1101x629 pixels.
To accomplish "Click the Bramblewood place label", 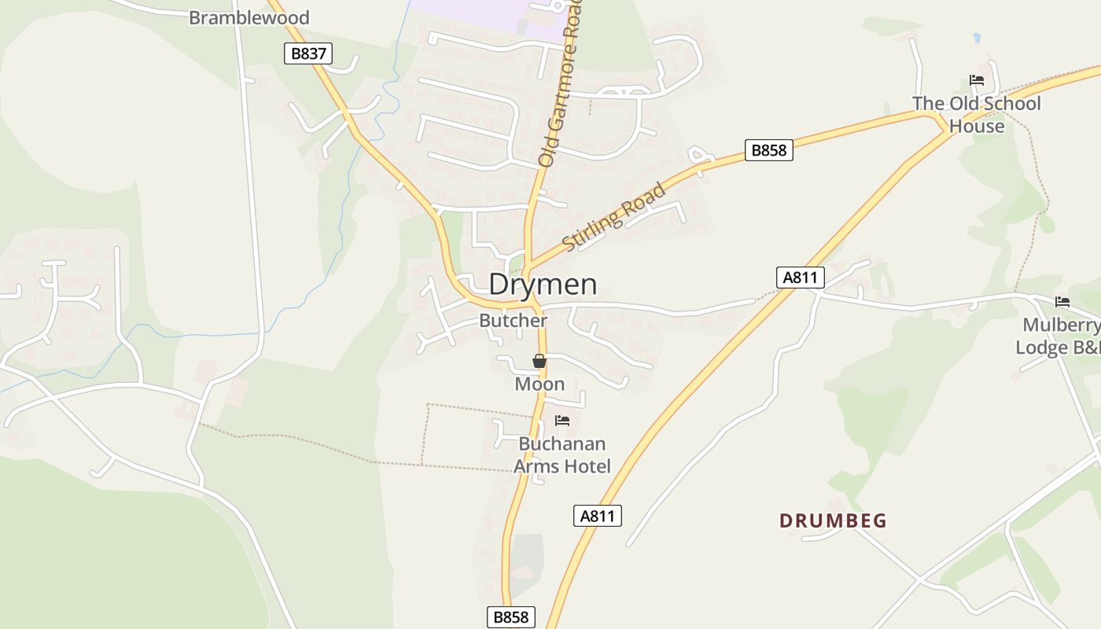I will (249, 17).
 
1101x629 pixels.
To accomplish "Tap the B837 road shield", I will (307, 53).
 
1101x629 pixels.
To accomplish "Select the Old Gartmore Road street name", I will (561, 83).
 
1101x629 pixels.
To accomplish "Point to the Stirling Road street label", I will (615, 216).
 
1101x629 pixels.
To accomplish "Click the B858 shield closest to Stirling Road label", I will (768, 150).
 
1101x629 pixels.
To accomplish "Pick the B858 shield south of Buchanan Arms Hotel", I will (510, 617).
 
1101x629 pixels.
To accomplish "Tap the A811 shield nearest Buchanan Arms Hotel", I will (598, 516).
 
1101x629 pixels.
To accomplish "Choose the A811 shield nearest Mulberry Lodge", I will (801, 277).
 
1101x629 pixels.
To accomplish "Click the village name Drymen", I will (543, 284).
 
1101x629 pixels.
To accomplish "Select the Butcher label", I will (513, 321).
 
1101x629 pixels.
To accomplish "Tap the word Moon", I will (539, 384).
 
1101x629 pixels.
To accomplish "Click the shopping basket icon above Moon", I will (539, 362).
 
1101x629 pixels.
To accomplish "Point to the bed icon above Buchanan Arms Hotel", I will (562, 421).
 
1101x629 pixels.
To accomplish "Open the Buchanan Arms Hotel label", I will (562, 454).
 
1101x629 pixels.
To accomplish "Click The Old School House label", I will (977, 115).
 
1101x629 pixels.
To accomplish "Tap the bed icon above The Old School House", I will (977, 80).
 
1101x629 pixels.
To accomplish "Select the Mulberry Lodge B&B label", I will (1058, 336).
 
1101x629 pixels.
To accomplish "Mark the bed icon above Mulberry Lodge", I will (1062, 301).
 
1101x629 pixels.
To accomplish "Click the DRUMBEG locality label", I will (833, 520).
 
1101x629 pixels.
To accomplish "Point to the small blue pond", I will (976, 38).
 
